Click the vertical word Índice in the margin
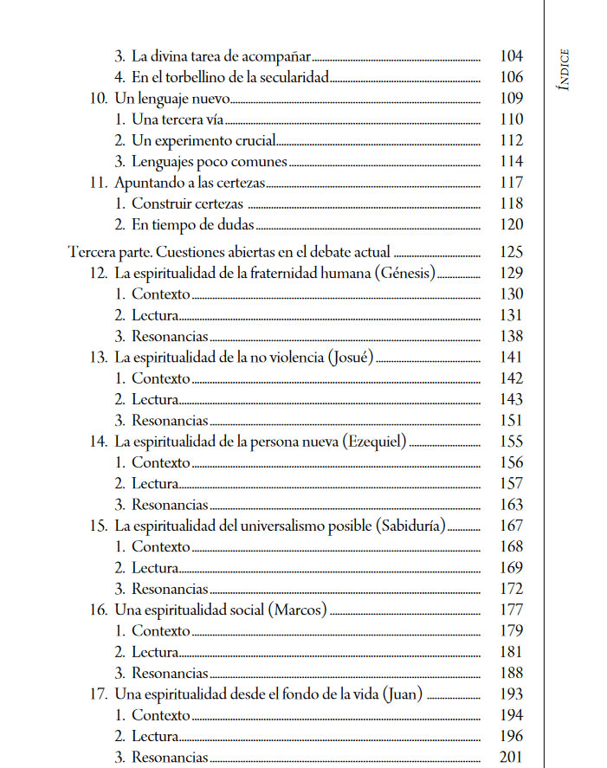564,68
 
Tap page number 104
512,56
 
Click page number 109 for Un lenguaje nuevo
512,99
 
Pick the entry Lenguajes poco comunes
209,162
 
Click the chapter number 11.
98,183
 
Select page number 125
512,254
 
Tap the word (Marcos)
300,610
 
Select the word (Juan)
402,694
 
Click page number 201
512,758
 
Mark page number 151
512,421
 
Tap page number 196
512,737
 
